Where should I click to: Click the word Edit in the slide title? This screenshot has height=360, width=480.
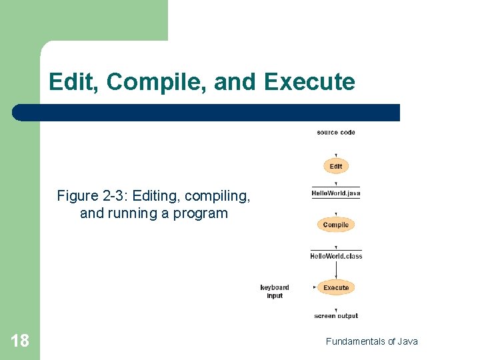coord(73,82)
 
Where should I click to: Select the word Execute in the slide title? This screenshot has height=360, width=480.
coord(309,82)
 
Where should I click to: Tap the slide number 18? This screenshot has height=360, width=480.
coord(20,341)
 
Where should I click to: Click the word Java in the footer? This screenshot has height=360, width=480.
coord(407,341)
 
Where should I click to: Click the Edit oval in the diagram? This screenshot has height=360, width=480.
coord(336,166)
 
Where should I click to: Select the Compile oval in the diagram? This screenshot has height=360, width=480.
coord(336,225)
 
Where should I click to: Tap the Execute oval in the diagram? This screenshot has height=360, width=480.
coord(336,287)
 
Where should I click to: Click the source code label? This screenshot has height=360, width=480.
coord(336,133)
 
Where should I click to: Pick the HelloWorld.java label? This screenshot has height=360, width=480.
coord(336,194)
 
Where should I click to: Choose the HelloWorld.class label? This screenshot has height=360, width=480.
coord(336,256)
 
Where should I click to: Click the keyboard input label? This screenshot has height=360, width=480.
coord(275,291)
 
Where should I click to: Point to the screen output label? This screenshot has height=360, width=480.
coord(336,316)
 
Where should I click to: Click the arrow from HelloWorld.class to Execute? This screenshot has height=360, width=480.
coord(336,269)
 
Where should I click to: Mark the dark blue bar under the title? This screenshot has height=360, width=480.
coord(207,113)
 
